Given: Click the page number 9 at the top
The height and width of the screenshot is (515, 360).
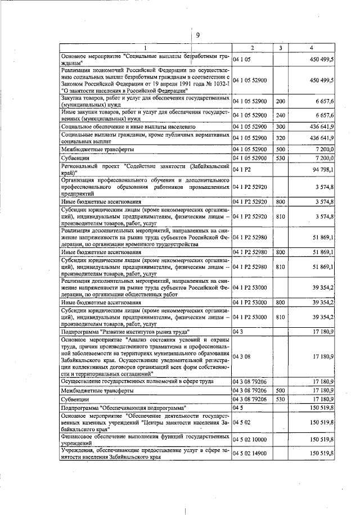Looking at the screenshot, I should coord(197,35).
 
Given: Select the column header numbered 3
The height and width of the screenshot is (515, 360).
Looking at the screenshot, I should coord(280,48).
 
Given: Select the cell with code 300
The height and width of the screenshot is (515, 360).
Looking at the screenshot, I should coord(280,127).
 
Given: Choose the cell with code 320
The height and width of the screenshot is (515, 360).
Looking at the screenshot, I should coord(280,138).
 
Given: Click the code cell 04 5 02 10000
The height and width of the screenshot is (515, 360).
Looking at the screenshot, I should coord(250,439).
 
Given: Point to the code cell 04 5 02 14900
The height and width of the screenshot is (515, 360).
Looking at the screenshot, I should coord(250,453).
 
